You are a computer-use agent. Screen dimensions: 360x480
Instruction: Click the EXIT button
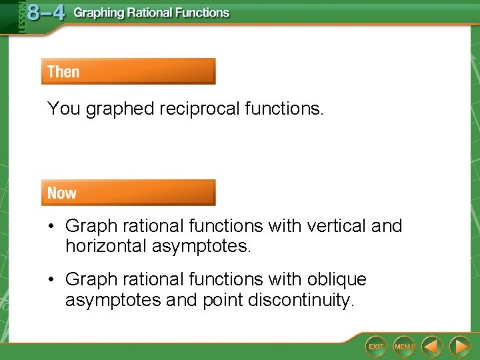(x=376, y=346)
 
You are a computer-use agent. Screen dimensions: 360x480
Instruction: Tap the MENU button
(x=404, y=346)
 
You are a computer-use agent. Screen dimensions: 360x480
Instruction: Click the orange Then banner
(x=128, y=71)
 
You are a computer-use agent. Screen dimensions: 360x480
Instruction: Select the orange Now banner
(x=128, y=193)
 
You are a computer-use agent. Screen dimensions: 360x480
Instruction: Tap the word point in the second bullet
(x=223, y=300)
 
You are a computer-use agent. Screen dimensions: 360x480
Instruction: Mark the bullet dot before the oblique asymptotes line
(x=51, y=279)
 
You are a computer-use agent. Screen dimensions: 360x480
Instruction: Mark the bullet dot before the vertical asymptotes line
(x=51, y=226)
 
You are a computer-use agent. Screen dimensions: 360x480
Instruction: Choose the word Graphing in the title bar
(x=99, y=13)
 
